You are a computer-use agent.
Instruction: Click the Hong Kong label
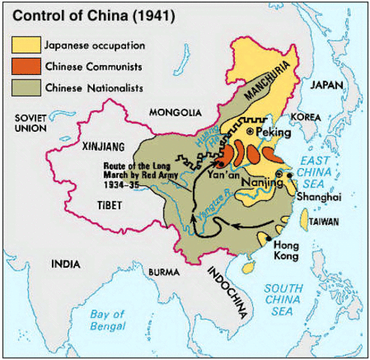click(287, 250)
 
